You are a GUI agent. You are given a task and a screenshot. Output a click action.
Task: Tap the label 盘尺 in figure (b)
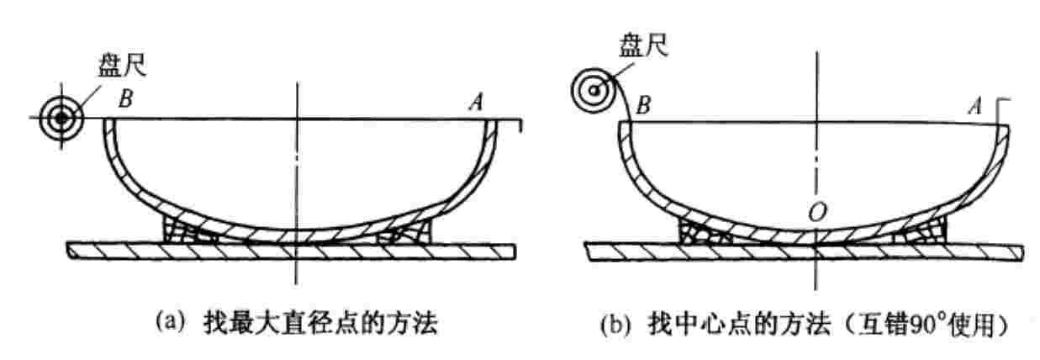643,45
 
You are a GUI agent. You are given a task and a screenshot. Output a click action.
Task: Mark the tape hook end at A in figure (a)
521,124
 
